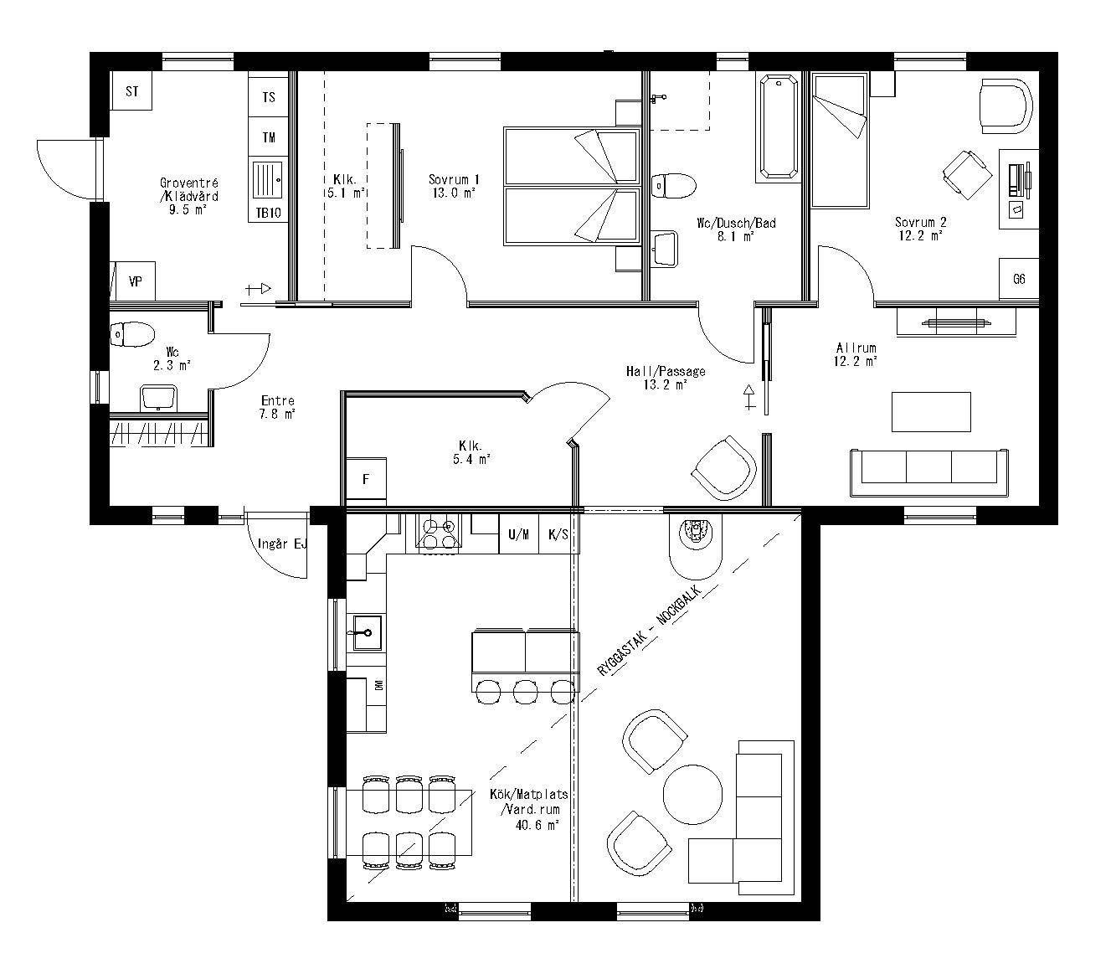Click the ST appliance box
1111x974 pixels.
pos(131,91)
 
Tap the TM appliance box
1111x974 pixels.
pos(269,137)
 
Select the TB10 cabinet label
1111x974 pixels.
pos(269,213)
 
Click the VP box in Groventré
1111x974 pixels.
pos(135,282)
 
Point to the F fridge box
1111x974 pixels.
pos(366,480)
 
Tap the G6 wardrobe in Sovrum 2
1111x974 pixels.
pos(1019,279)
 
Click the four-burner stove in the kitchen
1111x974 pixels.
pos(439,533)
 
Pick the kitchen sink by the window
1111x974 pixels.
pos(366,632)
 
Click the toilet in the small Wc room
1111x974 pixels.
pos(131,335)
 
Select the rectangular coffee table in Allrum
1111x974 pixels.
pos(931,412)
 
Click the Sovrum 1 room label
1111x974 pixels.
pos(453,179)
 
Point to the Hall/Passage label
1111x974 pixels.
pos(666,371)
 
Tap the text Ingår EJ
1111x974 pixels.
pos(282,544)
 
